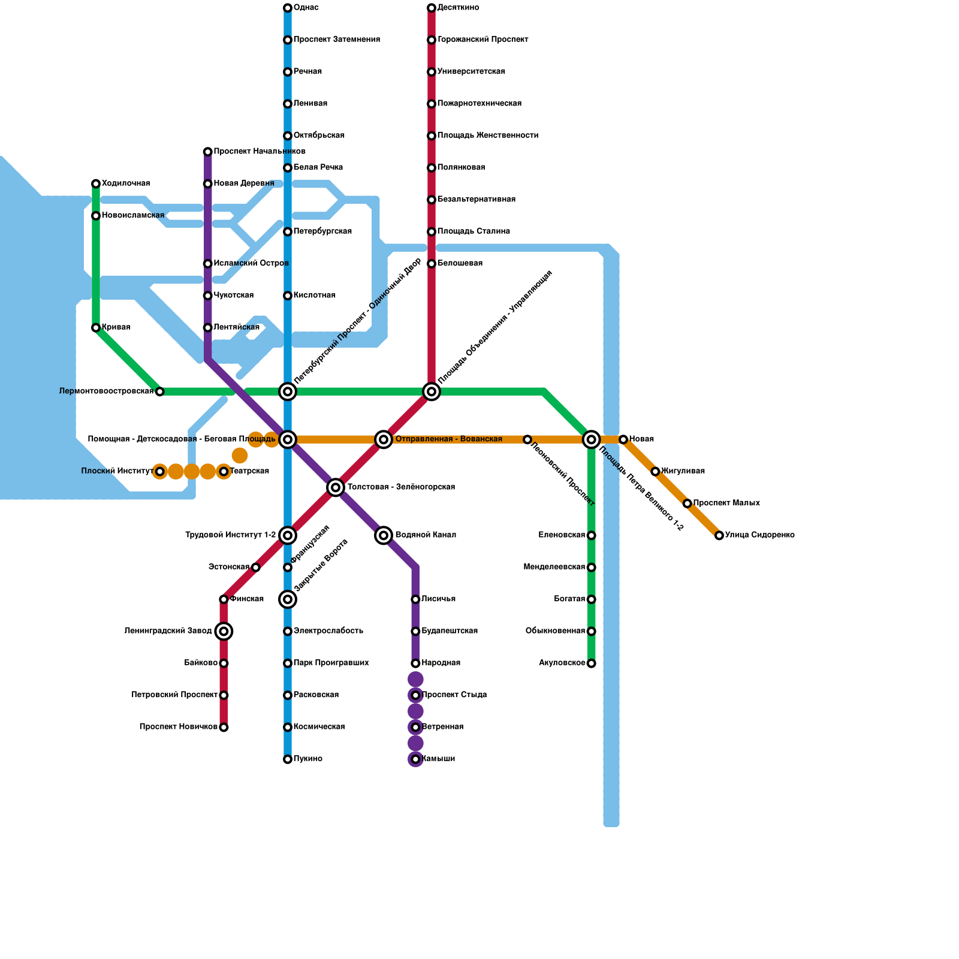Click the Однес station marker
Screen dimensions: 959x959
(x=288, y=8)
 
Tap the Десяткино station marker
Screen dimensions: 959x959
(x=432, y=8)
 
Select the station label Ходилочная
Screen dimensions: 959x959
(x=126, y=183)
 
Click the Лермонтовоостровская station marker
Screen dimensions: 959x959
(x=159, y=392)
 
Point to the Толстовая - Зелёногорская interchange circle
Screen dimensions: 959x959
(x=336, y=487)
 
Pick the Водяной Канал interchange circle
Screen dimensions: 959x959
(x=384, y=535)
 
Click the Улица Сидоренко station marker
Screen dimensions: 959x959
(x=719, y=535)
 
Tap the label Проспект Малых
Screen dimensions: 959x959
(x=726, y=503)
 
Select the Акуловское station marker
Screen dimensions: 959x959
(x=592, y=664)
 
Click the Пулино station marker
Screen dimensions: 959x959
(x=288, y=759)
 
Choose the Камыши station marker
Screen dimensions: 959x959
(x=415, y=759)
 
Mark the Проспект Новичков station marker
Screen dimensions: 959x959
(x=224, y=728)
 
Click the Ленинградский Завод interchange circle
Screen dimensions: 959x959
(x=224, y=631)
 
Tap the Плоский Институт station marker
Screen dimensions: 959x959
(x=159, y=472)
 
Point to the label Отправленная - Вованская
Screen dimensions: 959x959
(x=449, y=439)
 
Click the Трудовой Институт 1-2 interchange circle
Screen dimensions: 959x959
(x=288, y=535)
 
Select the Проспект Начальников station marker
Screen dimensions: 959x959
(x=207, y=152)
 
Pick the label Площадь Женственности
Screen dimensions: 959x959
(x=487, y=135)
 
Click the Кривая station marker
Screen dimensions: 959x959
(x=96, y=328)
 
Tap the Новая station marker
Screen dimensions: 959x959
(x=623, y=439)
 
